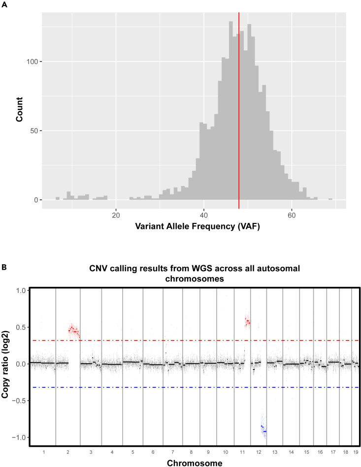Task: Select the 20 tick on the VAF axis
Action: [116, 215]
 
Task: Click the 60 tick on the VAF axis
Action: [292, 215]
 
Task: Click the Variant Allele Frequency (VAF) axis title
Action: [194, 228]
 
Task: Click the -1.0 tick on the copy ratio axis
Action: [20, 437]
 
